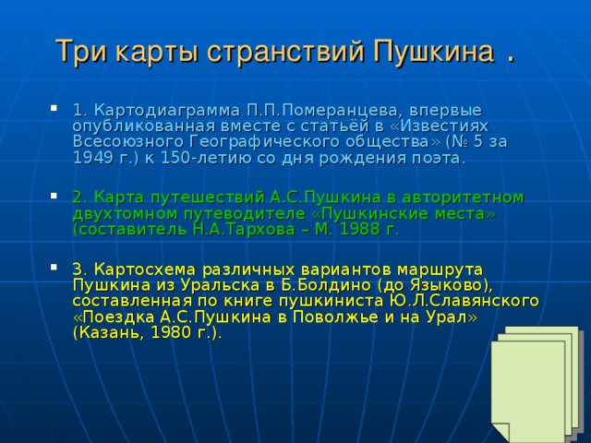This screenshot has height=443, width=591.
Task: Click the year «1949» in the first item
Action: pyautogui.click(x=92, y=158)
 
